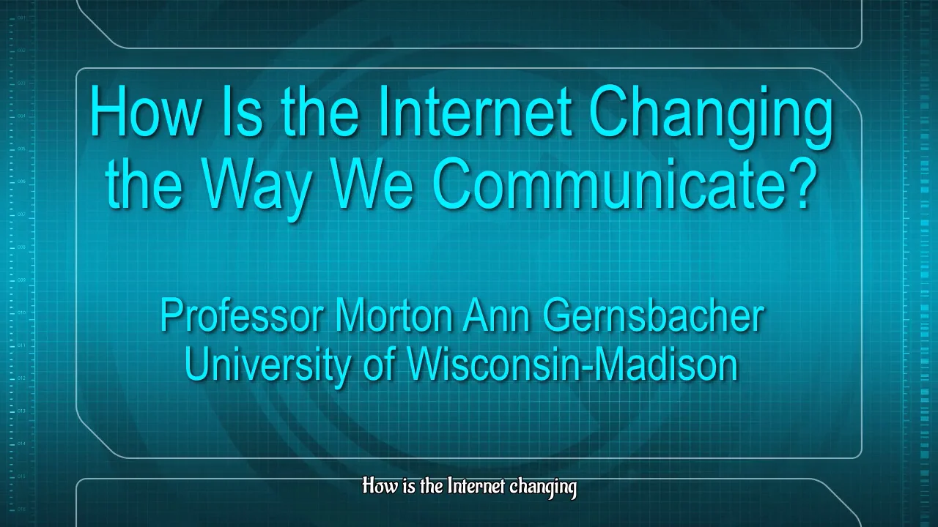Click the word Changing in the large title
[x=711, y=116]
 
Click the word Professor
[x=241, y=316]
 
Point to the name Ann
[x=498, y=316]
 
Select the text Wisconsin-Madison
[x=572, y=364]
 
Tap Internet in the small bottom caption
[x=476, y=487]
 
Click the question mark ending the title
[x=803, y=184]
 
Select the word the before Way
[x=144, y=184]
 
